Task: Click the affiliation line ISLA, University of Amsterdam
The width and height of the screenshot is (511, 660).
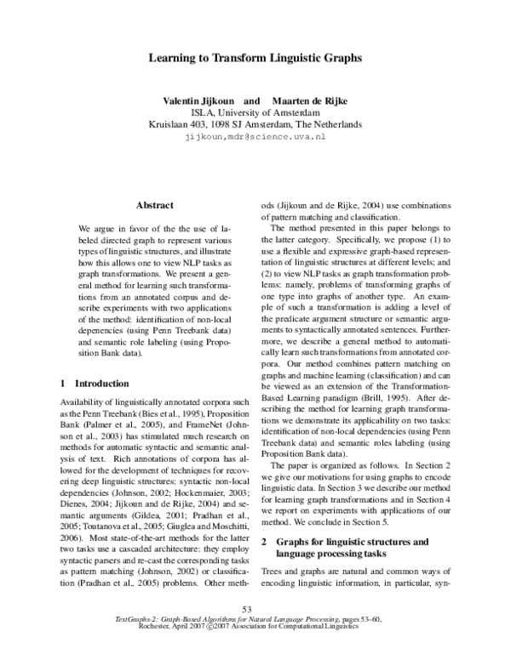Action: [x=255, y=111]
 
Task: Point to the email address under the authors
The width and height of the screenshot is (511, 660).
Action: [x=255, y=136]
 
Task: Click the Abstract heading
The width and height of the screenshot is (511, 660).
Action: [x=155, y=205]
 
